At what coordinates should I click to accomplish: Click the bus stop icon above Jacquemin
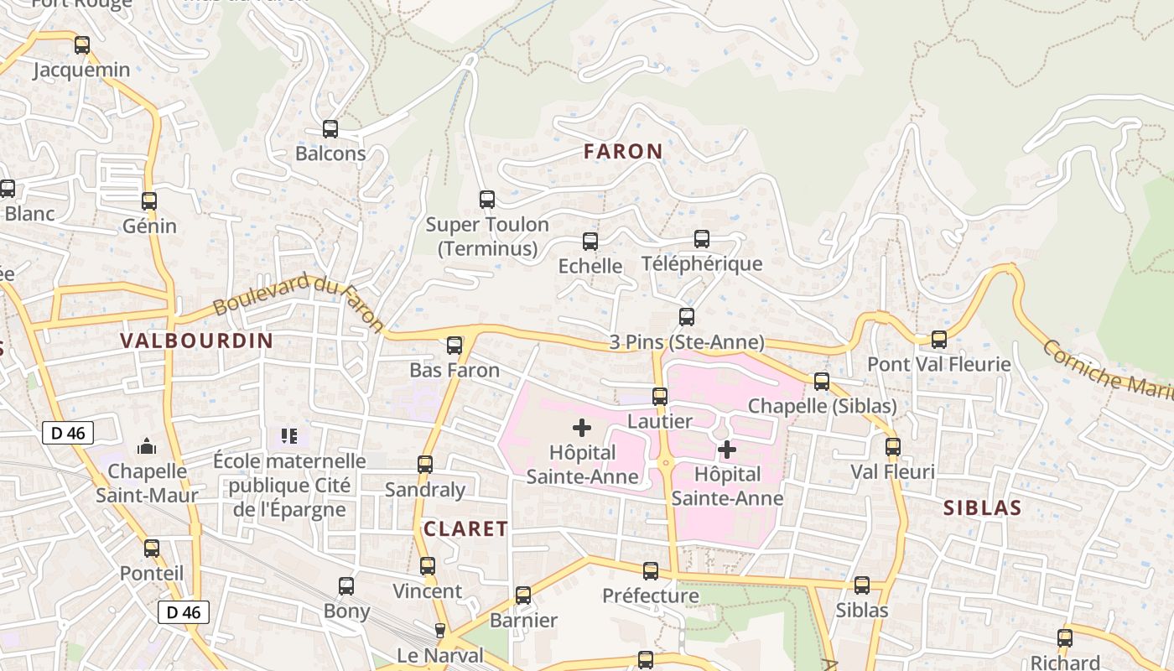point(81,45)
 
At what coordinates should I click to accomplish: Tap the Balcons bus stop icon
point(330,129)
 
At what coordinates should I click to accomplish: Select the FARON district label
point(623,152)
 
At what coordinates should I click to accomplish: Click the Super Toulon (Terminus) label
point(487,237)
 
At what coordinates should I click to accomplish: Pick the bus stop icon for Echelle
point(590,242)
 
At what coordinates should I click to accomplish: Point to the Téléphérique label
point(702,264)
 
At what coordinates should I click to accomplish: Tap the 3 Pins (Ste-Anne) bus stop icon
point(687,317)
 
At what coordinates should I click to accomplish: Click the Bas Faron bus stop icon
point(455,346)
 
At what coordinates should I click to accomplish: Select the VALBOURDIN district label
point(197,341)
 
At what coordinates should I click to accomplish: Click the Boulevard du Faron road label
point(298,303)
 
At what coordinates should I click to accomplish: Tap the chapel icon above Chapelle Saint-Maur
point(148,445)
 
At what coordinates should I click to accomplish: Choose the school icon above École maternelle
point(289,436)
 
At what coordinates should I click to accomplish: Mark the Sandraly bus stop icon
point(425,465)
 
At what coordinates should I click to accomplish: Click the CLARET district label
point(465,529)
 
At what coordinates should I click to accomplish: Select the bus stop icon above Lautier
point(660,397)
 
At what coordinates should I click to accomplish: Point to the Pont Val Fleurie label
point(938,365)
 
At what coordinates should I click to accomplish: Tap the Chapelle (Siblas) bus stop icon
point(822,382)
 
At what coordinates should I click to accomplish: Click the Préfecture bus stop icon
point(651,571)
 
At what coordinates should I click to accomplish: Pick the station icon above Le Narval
point(440,631)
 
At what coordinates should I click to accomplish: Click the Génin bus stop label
point(149,226)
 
